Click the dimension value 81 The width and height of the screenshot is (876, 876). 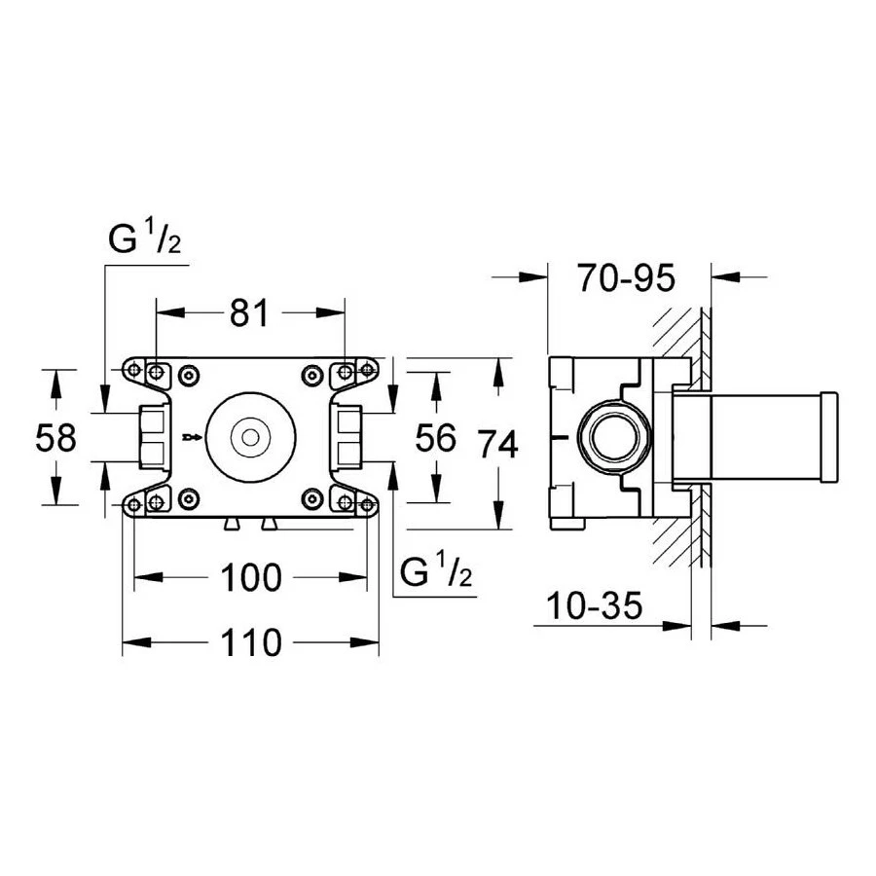click(249, 312)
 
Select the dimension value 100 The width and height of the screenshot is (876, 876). click(250, 577)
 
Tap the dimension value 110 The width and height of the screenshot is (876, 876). click(250, 641)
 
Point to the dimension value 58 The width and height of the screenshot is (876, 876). click(55, 438)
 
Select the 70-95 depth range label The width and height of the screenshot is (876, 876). click(625, 279)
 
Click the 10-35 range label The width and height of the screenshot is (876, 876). click(594, 607)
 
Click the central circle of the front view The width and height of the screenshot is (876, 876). click(250, 438)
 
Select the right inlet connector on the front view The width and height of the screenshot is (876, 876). click(347, 437)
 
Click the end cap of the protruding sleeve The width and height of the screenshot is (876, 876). click(829, 437)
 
